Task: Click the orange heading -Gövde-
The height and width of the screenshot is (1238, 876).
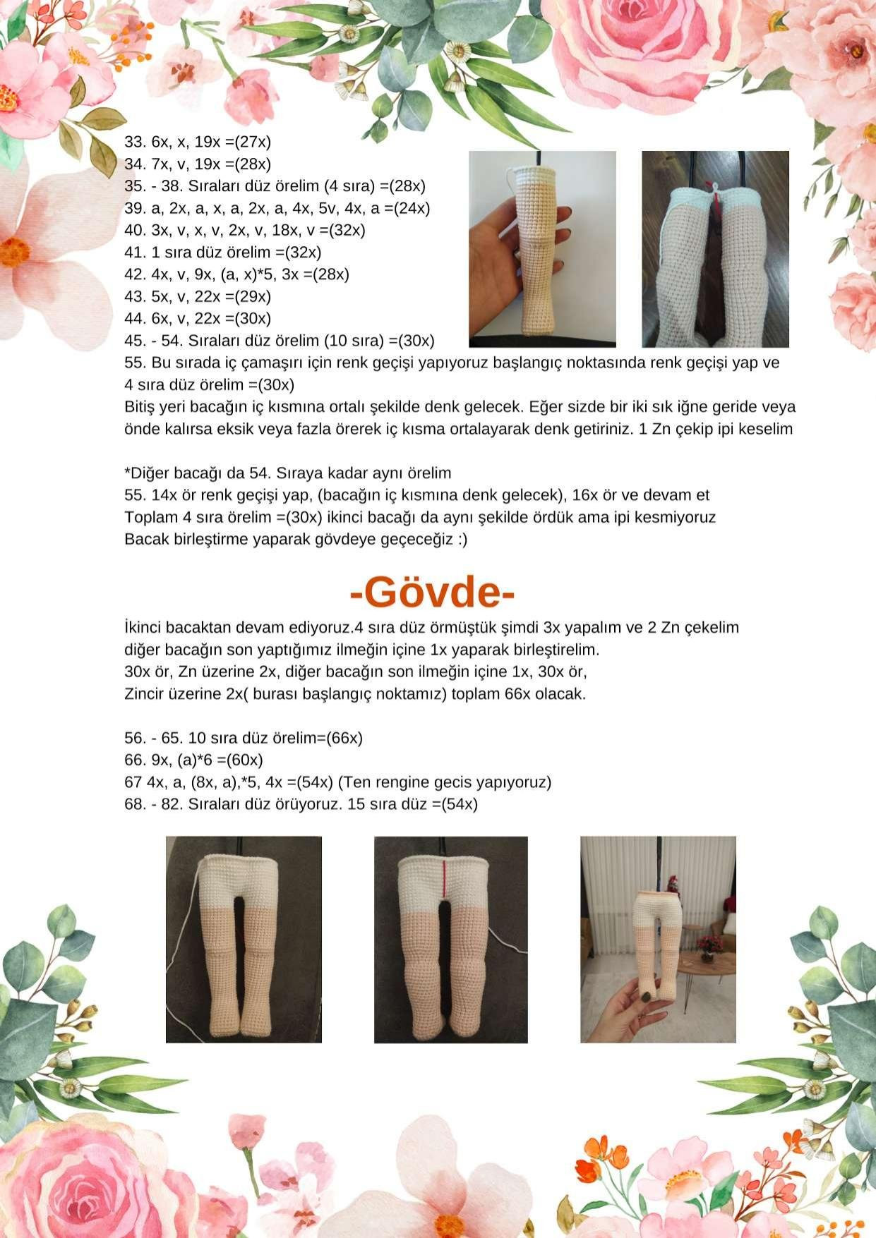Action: pos(432,593)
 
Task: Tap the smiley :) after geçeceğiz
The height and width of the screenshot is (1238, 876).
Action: pos(461,540)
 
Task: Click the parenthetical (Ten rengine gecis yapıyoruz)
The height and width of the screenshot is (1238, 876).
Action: pos(445,782)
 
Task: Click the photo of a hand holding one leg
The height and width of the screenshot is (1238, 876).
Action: pos(542,249)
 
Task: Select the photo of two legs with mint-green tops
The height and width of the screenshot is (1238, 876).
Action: pos(715,249)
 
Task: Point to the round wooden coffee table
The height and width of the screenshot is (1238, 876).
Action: pos(706,961)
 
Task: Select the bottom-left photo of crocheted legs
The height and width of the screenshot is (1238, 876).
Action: pos(244,940)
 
